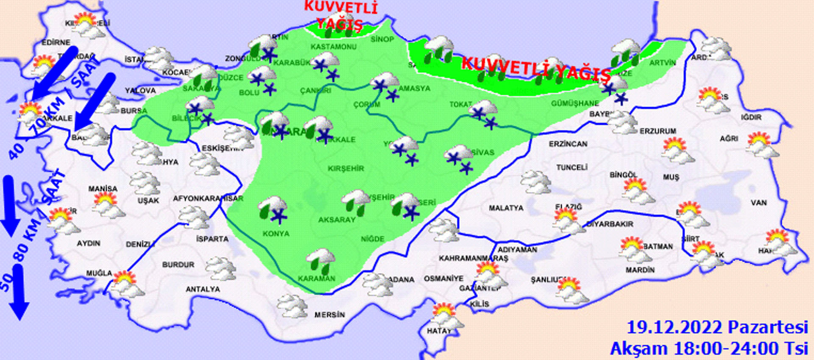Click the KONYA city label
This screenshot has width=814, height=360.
click(x=276, y=234)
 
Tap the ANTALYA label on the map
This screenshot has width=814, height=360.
click(x=203, y=289)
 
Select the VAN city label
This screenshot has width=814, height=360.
click(x=758, y=203)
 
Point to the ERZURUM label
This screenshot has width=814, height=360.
click(x=658, y=131)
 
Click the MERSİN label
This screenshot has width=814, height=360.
click(x=329, y=315)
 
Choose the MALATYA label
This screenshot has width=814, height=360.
click(x=506, y=208)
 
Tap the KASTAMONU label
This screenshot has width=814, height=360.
click(x=333, y=47)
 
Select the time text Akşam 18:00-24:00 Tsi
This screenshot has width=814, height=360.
click(x=709, y=349)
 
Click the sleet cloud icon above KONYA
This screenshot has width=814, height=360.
click(x=273, y=208)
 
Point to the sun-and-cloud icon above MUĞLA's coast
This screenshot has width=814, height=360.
click(x=126, y=283)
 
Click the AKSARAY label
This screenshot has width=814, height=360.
click(x=337, y=220)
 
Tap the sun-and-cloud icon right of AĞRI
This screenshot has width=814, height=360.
click(x=761, y=145)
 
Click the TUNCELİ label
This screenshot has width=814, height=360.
click(x=571, y=167)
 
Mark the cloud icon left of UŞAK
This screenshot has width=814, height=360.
click(x=145, y=183)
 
